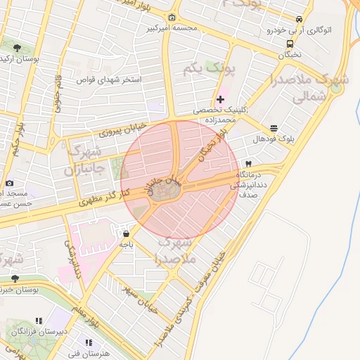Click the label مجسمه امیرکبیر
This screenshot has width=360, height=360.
coord(172,29)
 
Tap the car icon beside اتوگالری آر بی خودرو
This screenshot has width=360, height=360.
coord(300,19)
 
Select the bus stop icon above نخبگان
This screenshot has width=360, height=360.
coord(290,43)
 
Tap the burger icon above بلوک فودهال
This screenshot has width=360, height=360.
coord(273,127)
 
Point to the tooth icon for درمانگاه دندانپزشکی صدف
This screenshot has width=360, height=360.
coord(247,163)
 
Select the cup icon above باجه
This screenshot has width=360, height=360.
coord(126,233)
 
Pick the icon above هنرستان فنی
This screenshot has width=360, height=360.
coord(89,343)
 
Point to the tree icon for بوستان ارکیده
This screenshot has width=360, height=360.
coord(17,48)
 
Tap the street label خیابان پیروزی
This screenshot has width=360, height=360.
coord(123,129)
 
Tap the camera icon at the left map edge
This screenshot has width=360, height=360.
coord(9,184)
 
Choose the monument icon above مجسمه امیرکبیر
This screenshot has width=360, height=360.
coord(172,18)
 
